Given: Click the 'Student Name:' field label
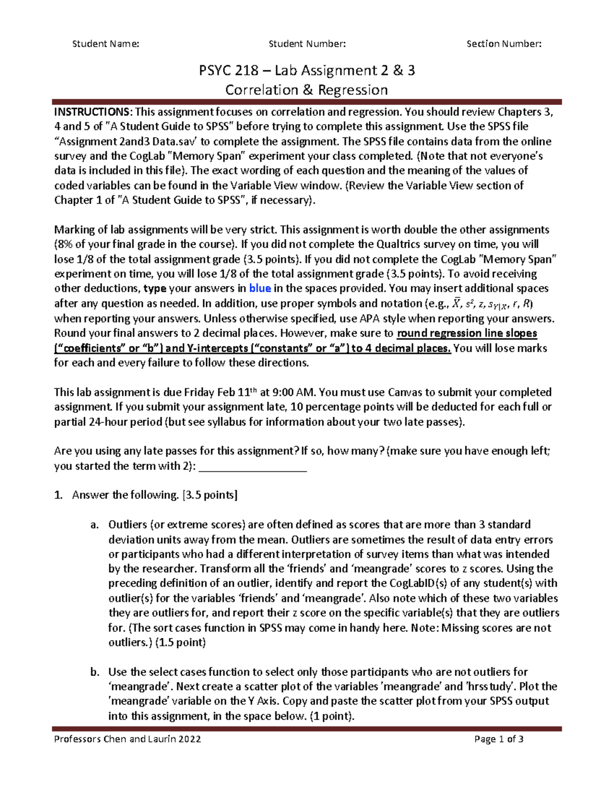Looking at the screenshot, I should click(105, 44).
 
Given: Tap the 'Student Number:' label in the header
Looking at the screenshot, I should click(307, 44).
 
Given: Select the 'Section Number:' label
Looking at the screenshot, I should click(503, 44).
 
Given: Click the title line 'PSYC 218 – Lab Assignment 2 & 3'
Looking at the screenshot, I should click(306, 70).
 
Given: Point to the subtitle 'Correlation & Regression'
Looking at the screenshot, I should click(306, 90).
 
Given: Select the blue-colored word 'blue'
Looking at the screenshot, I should click(260, 288).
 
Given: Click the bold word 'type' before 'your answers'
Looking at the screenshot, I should click(155, 288).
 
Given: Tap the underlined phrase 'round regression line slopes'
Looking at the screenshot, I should click(467, 333).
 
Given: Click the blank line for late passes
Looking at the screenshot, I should click(252, 466).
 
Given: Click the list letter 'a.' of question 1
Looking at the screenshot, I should click(94, 525).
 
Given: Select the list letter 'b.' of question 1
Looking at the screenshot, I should click(94, 672).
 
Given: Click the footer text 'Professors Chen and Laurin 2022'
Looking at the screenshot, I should click(127, 739).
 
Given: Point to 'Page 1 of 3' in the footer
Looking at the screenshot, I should click(498, 739).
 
